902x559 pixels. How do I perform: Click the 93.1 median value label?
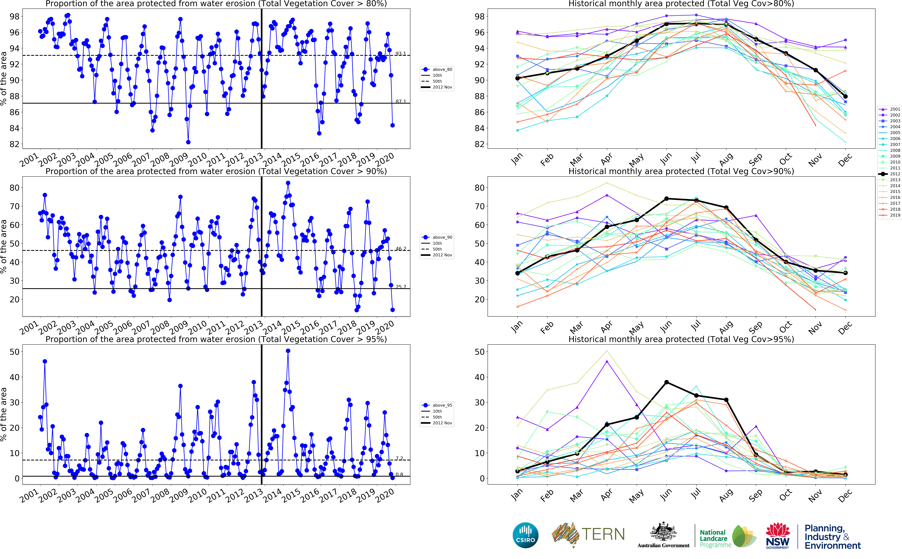pyautogui.click(x=401, y=54)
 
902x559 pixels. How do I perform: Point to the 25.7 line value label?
pyautogui.click(x=401, y=287)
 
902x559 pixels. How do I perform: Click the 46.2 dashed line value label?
pyautogui.click(x=401, y=249)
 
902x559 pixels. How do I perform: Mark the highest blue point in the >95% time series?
pyautogui.click(x=288, y=351)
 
